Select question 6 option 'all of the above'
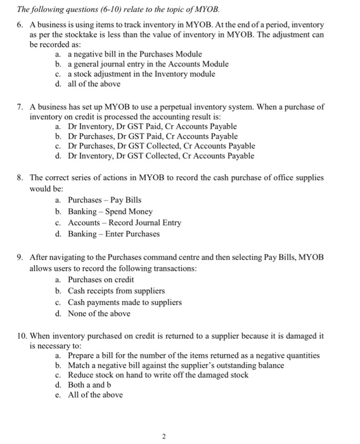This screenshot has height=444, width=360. click(x=94, y=84)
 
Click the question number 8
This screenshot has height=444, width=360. click(x=20, y=178)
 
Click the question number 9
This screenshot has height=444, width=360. click(x=20, y=258)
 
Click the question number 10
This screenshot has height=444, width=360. click(x=22, y=336)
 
